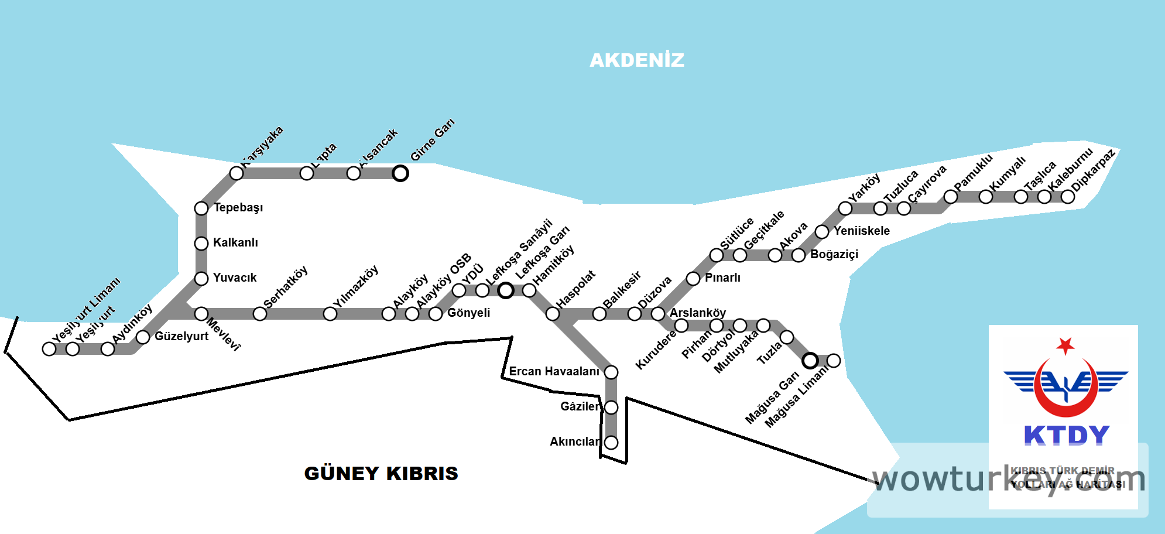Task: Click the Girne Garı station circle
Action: pos(400,173)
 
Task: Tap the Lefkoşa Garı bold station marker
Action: pos(506,290)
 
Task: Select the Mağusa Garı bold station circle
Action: pos(810,361)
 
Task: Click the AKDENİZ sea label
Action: pos(637,60)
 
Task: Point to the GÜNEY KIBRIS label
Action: pos(381,473)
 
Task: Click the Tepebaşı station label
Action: pos(238,208)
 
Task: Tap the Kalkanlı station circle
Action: pos(201,244)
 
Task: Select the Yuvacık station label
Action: pos(235,278)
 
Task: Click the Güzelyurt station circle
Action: pos(143,337)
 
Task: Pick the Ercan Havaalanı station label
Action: pos(554,371)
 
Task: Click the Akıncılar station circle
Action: pos(611,443)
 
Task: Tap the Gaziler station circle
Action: pos(611,408)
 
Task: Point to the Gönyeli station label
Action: pos(469,313)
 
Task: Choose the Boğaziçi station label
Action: pos(834,254)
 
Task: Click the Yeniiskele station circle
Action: pos(822,232)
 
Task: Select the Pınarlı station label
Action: pos(722,278)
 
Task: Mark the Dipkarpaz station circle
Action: pos(1068,197)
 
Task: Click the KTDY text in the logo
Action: pos(1067,435)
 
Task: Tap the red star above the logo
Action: pos(1065,345)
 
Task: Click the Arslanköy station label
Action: pos(698,313)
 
